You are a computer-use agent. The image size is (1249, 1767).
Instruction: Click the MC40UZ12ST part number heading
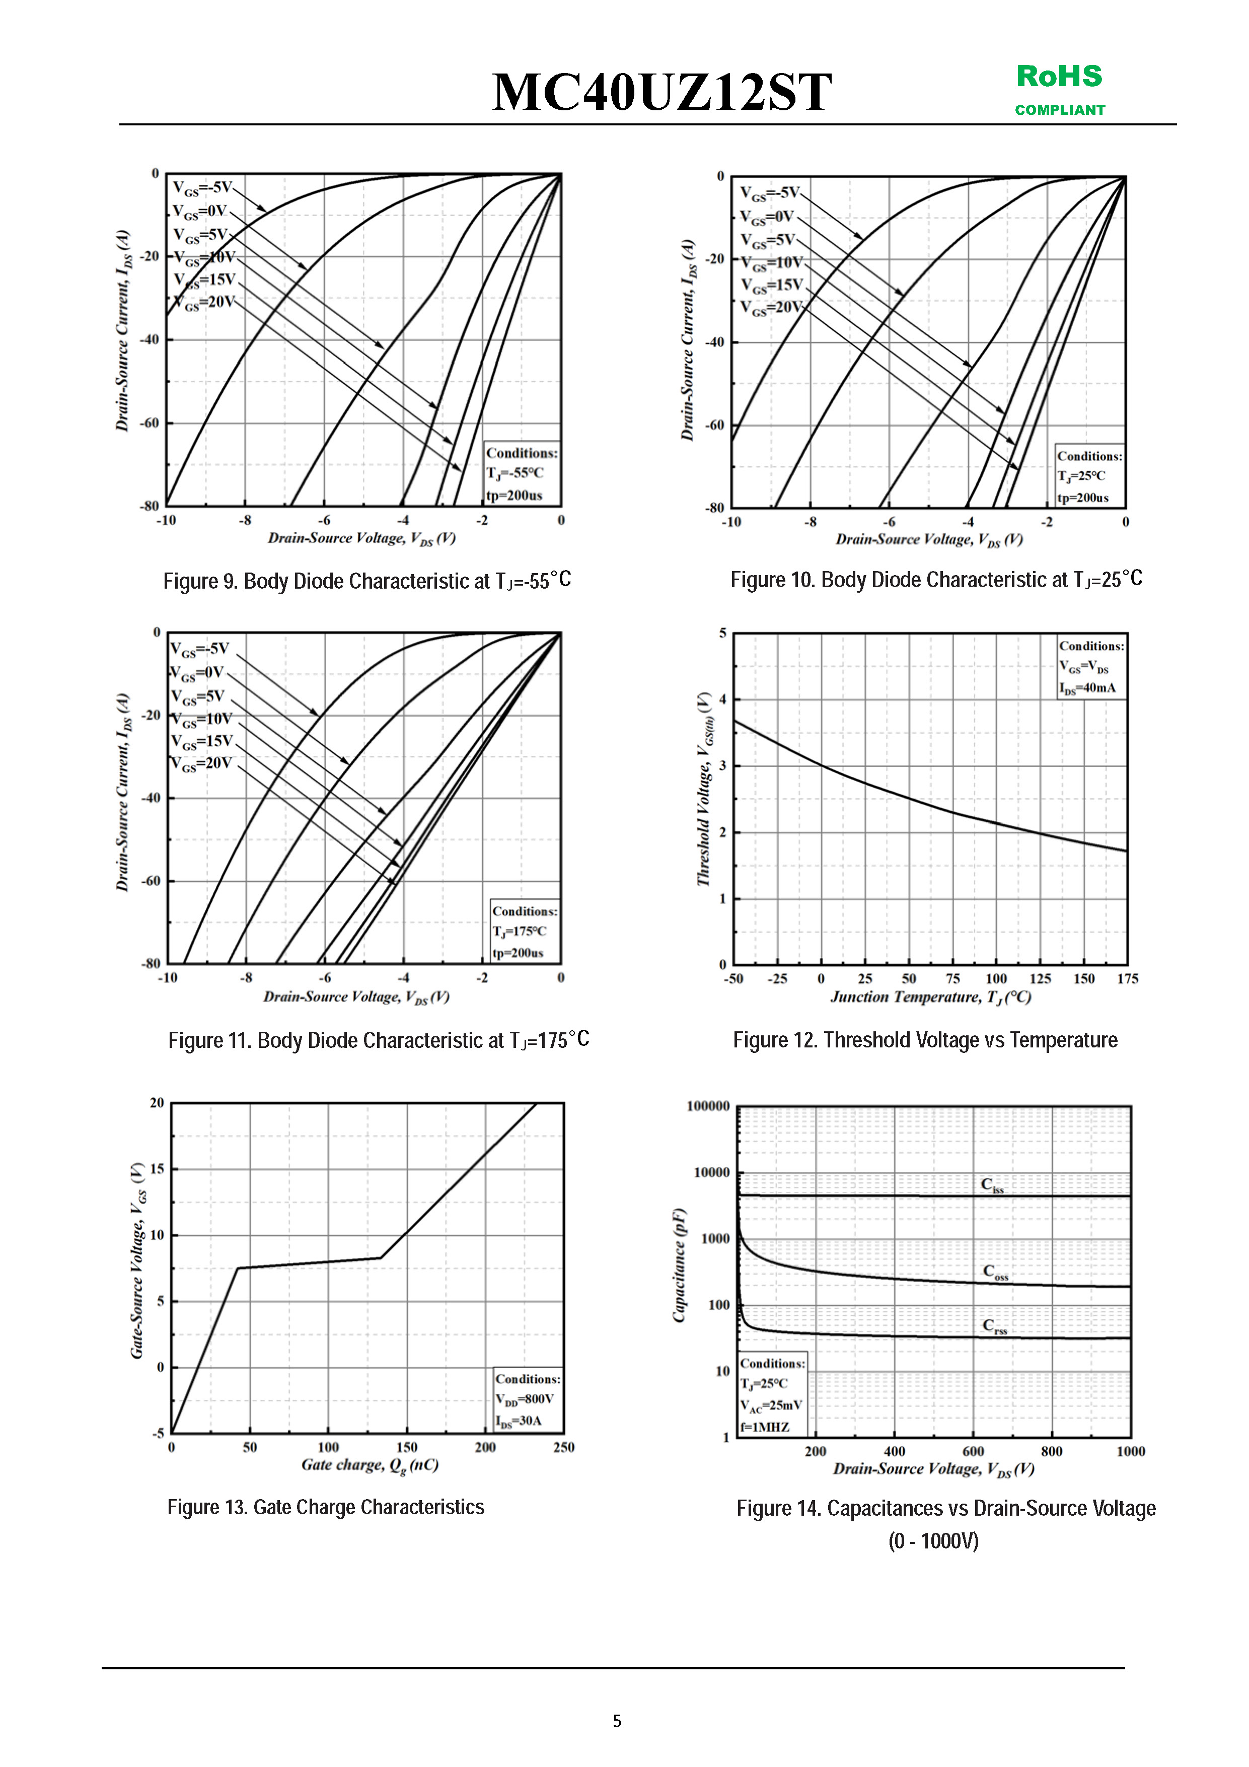[x=662, y=92]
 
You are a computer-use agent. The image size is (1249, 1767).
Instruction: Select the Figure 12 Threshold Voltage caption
[x=924, y=1040]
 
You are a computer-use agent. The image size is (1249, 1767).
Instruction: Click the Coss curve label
[x=994, y=1272]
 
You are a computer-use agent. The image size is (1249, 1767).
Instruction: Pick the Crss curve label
[x=993, y=1326]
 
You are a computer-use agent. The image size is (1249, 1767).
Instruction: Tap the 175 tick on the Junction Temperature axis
[x=1127, y=979]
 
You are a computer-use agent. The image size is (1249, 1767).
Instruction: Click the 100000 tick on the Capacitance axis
[x=707, y=1106]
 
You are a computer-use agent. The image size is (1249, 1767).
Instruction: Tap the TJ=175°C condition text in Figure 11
[x=520, y=931]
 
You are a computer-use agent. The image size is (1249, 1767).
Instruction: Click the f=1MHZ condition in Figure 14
[x=765, y=1427]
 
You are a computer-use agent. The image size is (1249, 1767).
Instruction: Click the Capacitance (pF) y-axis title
[x=679, y=1266]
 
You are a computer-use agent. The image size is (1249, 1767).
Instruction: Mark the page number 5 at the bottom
[x=617, y=1721]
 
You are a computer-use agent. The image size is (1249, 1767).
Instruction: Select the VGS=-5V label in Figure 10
[x=770, y=192]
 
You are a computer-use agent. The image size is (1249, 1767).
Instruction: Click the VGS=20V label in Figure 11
[x=201, y=763]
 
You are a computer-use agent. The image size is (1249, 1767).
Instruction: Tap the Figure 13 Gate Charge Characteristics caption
[x=326, y=1507]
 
